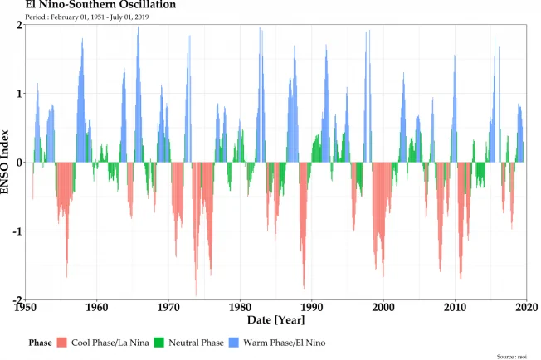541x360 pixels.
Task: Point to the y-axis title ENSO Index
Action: click(x=7, y=163)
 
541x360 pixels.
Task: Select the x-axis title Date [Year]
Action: click(x=276, y=319)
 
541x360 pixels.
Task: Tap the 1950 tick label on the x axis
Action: click(x=26, y=307)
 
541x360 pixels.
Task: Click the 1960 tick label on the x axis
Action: click(x=97, y=307)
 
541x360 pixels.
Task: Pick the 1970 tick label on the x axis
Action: click(x=168, y=307)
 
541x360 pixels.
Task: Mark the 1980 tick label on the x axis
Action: click(x=241, y=307)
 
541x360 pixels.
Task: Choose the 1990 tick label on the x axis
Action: click(x=312, y=307)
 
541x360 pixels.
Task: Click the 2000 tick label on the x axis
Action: click(x=383, y=307)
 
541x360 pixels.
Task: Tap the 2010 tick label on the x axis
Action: click(x=455, y=307)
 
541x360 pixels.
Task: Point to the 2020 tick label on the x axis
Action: click(x=525, y=307)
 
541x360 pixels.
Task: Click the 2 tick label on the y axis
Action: click(x=19, y=25)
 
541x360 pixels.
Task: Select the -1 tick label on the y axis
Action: click(x=17, y=231)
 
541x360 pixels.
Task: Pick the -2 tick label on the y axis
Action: click(x=17, y=299)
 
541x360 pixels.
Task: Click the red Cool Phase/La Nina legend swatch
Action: click(x=62, y=343)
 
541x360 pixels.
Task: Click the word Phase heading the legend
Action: click(x=40, y=343)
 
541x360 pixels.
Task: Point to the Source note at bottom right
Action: click(x=511, y=356)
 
